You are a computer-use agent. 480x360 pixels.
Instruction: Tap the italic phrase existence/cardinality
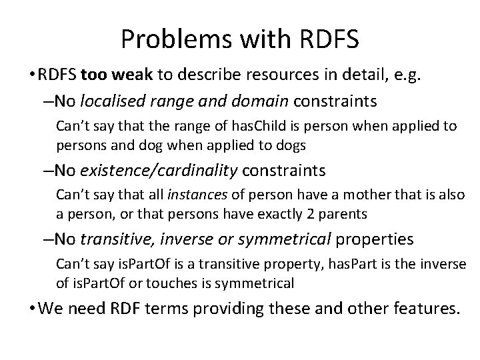point(159,171)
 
